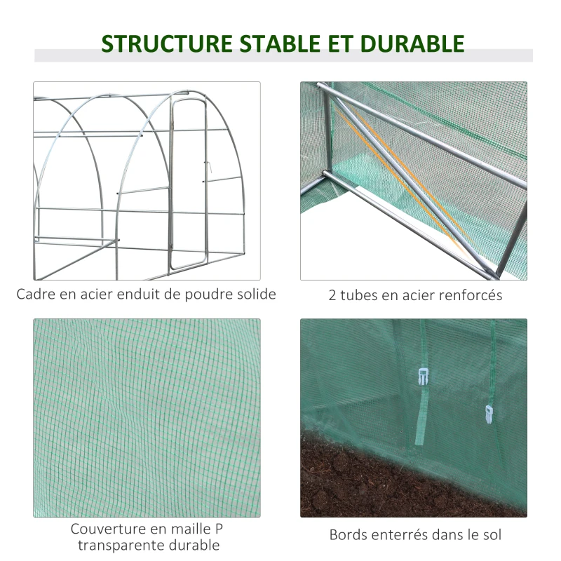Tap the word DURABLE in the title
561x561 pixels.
(412, 43)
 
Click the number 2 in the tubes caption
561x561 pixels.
(332, 295)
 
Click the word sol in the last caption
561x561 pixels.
(492, 535)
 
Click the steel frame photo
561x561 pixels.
(147, 181)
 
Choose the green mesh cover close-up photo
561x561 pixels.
(147, 418)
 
